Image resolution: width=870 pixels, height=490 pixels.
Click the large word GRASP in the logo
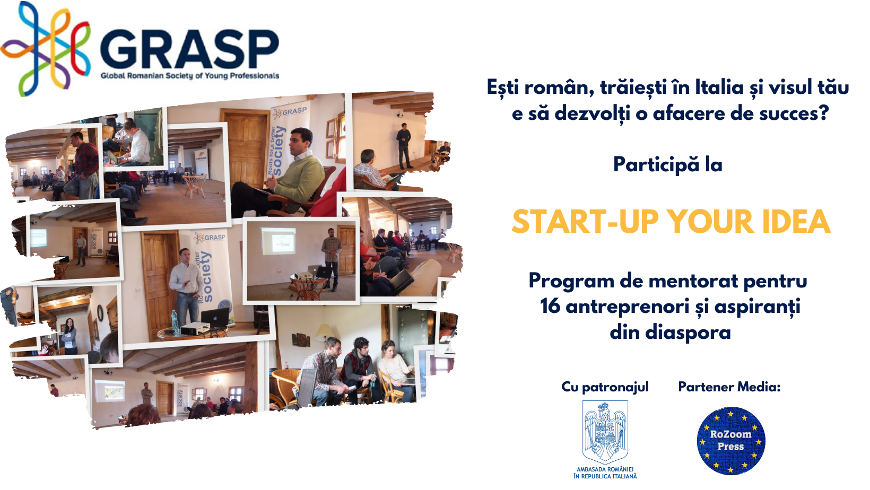point(189,49)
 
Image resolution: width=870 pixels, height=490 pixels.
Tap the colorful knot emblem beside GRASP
point(46,49)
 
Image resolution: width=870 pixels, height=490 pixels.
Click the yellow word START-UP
point(585,222)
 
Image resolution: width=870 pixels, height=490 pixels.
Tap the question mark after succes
point(823,112)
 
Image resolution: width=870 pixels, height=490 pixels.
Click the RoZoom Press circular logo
point(731,441)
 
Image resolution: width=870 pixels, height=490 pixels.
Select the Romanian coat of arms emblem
point(605,432)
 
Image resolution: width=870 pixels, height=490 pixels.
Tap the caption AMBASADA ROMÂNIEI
point(605,469)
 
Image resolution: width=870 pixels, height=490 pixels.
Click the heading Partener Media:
point(729,387)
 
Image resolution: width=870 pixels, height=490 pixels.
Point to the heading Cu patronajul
point(605,387)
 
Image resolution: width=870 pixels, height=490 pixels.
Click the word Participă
point(656,164)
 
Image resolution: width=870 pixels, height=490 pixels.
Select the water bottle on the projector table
point(175,322)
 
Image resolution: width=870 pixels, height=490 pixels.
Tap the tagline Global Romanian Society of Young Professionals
point(190,76)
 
